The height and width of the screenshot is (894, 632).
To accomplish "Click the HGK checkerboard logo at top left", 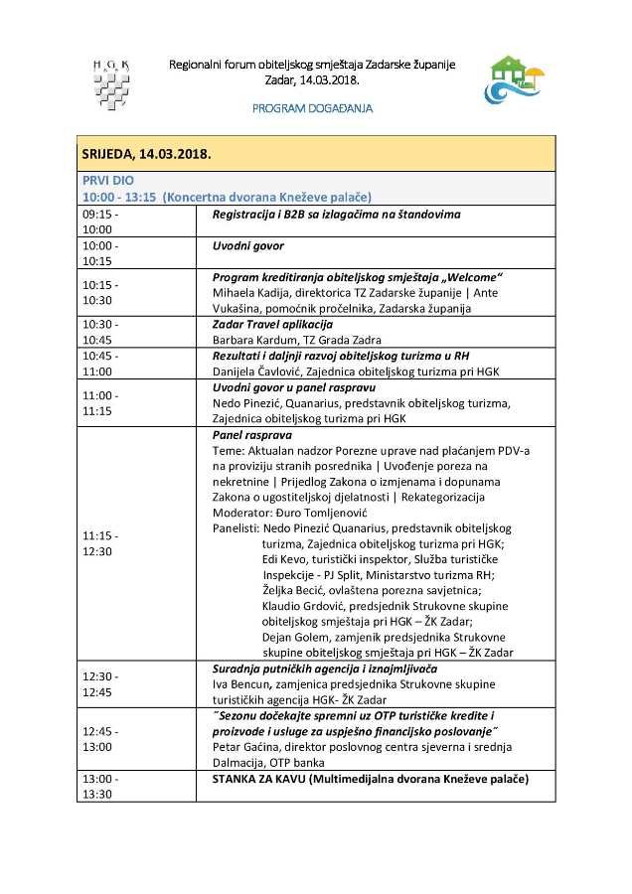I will tap(111, 82).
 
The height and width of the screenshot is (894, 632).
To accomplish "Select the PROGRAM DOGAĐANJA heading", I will tap(313, 108).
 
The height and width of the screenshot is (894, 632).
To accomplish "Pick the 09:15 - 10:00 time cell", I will tap(100, 221).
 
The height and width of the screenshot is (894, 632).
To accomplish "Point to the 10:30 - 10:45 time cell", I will tap(100, 331).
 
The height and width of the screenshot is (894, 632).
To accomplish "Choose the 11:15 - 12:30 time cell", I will tap(100, 542).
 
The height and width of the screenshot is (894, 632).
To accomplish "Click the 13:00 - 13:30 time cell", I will tap(100, 786).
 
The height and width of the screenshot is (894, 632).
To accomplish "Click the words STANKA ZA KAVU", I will tap(263, 779).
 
